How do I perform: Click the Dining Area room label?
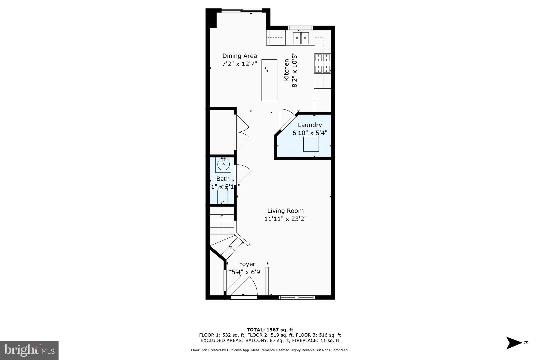(239, 56)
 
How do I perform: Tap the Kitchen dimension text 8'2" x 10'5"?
(295, 70)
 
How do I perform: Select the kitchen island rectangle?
(269, 80)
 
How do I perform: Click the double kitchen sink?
(301, 38)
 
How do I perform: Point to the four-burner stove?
(322, 64)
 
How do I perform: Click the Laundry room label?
(310, 125)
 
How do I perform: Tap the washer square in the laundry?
(311, 144)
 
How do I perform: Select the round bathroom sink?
(223, 165)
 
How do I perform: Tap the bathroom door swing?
(243, 174)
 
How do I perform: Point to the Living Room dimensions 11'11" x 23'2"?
(285, 219)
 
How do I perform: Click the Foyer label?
(247, 264)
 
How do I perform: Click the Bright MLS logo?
(29, 350)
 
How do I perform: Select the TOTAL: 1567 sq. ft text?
(270, 330)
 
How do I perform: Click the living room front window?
(297, 297)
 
